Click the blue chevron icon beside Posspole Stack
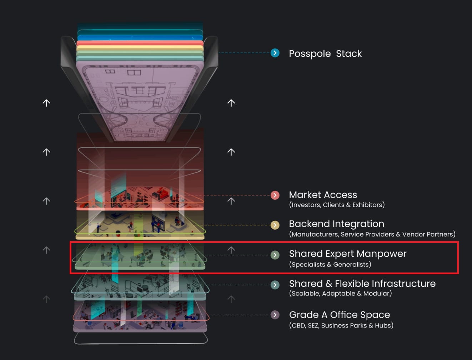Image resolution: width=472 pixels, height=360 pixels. tap(275, 53)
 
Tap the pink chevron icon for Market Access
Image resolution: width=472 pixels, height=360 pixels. tap(275, 195)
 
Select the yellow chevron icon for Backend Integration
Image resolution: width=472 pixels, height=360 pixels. tap(275, 225)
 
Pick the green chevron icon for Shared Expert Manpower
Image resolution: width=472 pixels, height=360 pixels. tap(275, 255)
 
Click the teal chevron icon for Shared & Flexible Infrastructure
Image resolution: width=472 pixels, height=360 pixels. tap(275, 285)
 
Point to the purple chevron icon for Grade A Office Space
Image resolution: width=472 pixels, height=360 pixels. tap(275, 315)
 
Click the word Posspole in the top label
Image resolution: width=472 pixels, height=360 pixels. tap(310, 54)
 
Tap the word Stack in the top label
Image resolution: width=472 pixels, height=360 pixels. tap(349, 54)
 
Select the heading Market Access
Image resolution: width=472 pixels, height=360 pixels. tap(323, 195)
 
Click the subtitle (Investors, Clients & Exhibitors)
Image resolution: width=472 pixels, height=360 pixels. tap(337, 205)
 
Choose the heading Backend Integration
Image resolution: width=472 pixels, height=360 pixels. tap(337, 224)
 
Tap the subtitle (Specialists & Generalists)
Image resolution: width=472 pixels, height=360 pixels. tap(330, 264)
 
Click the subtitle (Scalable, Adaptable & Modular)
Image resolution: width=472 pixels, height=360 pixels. tap(340, 294)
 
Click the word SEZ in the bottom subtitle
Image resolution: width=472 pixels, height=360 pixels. tap(313, 325)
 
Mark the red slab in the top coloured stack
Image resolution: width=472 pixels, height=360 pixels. tap(140, 43)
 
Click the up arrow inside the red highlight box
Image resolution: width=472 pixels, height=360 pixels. tap(231, 250)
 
